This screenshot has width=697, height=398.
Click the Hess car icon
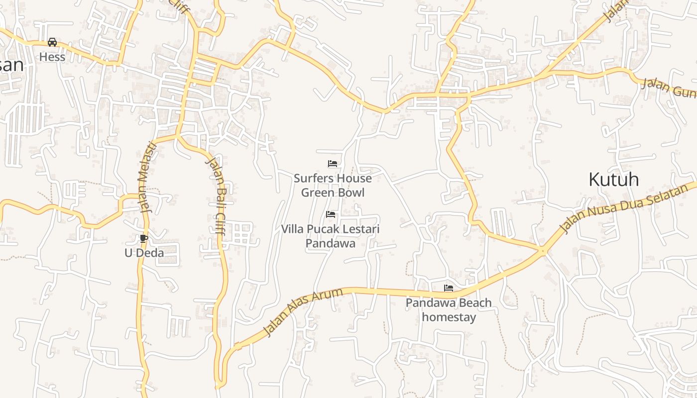52,42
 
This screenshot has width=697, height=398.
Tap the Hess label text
52,57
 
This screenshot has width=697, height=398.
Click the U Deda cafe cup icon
144,238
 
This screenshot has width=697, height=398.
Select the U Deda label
144,253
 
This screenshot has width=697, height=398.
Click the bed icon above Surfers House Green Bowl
333,163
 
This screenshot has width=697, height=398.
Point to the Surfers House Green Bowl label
333,185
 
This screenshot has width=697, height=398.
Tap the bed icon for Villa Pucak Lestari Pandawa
331,214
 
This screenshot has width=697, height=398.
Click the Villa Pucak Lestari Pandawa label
331,236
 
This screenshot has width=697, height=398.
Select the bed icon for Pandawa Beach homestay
449,288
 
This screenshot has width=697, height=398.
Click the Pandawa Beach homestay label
449,309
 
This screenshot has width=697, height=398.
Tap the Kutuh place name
613,179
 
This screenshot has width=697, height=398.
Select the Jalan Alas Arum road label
302,312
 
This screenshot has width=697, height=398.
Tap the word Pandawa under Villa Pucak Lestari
330,243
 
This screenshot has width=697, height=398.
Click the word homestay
449,317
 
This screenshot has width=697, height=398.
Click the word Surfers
313,178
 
